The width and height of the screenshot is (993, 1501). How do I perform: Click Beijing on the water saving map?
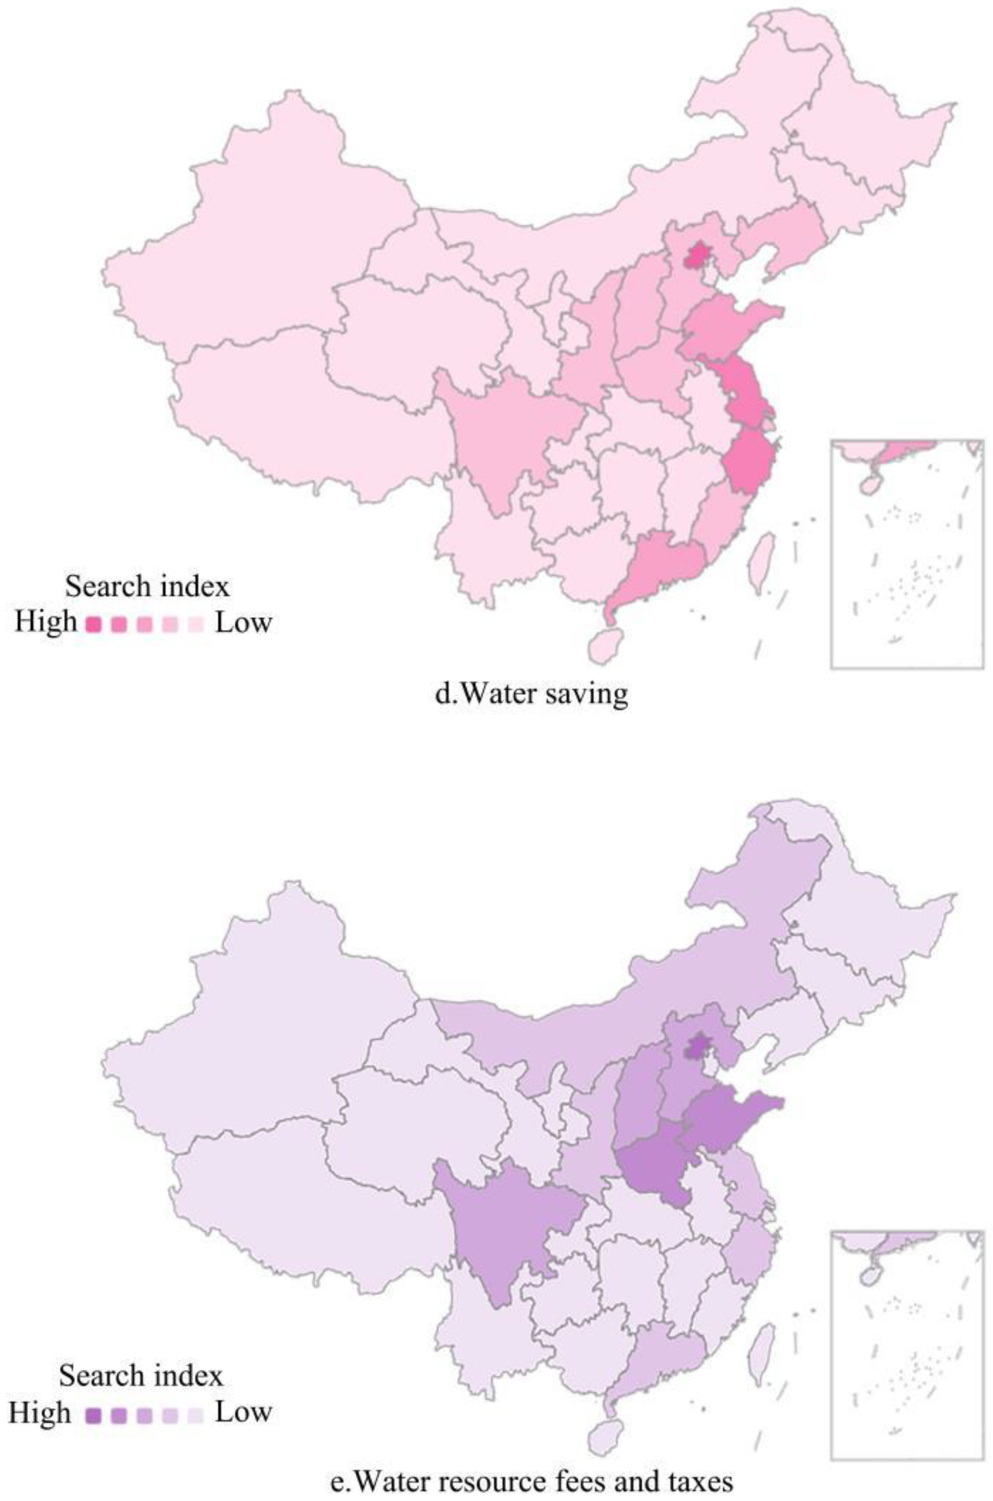tap(697, 256)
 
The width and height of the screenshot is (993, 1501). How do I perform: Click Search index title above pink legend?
tap(147, 587)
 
